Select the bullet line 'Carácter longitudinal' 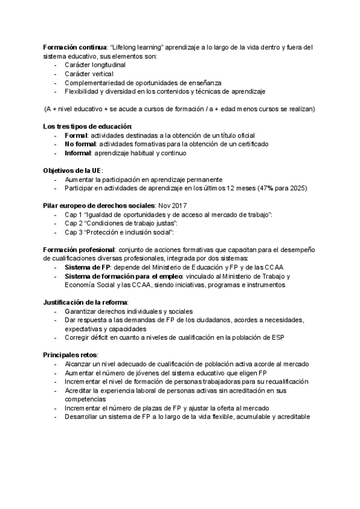pyautogui.click(x=95, y=64)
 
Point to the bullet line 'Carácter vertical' pyautogui.click(x=89, y=73)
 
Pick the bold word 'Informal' pyautogui.click(x=77, y=153)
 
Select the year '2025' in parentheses pyautogui.click(x=296, y=188)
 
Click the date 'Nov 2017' pyautogui.click(x=173, y=205)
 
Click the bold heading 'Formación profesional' pyautogui.click(x=79, y=249)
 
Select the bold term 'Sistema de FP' pyautogui.click(x=86, y=267)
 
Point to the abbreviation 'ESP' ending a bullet pyautogui.click(x=277, y=337)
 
